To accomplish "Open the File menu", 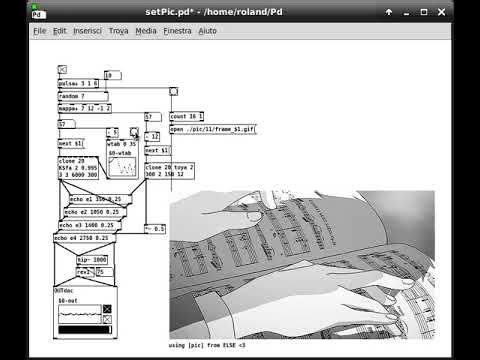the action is (40, 31).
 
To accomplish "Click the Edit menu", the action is (60, 31).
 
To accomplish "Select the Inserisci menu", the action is (87, 31).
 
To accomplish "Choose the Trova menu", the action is (119, 31).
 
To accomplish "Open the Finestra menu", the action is (178, 31).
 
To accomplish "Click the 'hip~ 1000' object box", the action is (93, 259).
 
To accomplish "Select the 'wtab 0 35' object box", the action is (122, 144).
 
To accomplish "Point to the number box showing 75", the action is (105, 272).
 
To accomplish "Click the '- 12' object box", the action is (152, 137).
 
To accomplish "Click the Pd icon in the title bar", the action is (37, 13).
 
